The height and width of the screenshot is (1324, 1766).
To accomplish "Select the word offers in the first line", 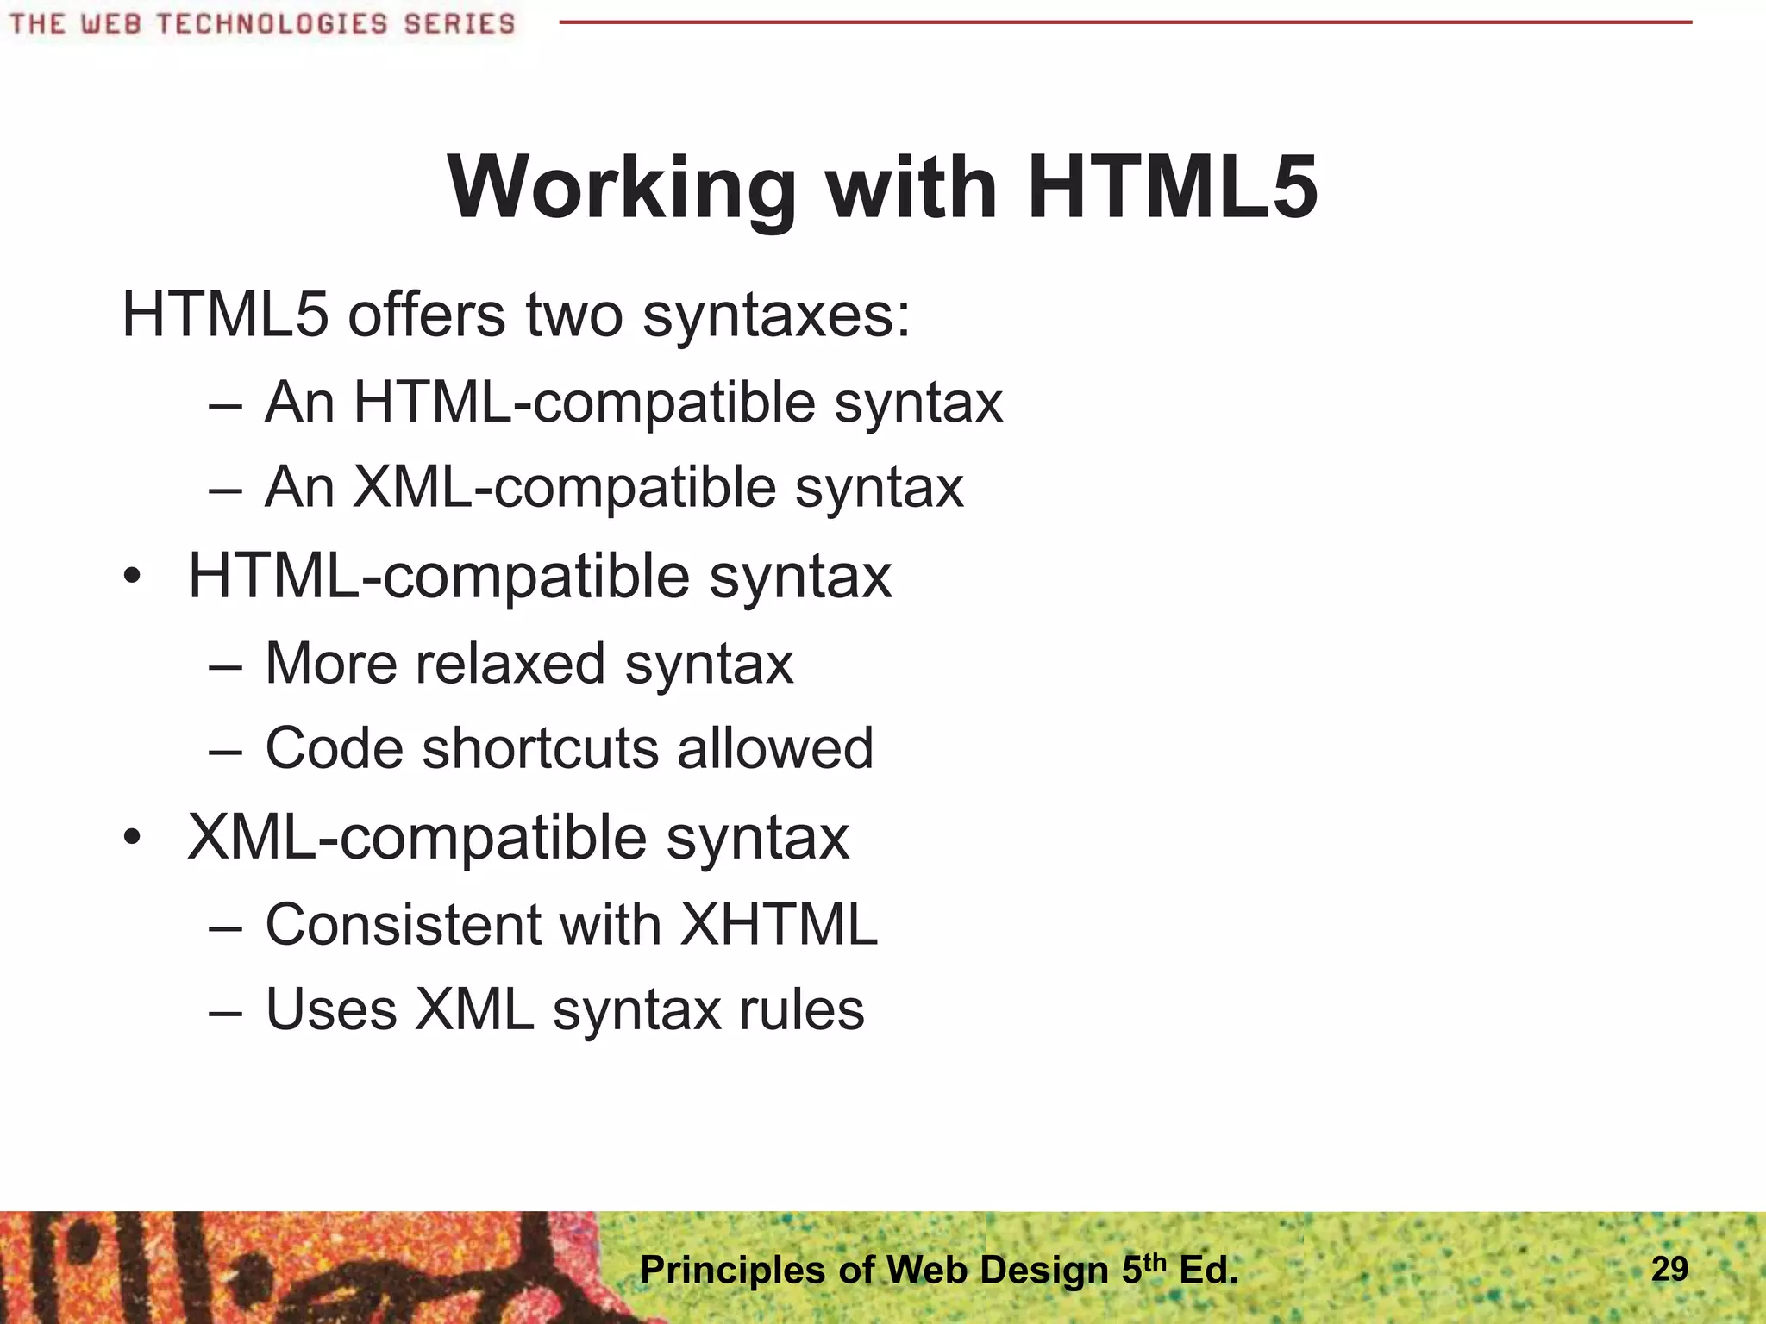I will tap(426, 315).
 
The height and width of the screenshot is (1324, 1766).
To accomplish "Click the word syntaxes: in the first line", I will tap(776, 316).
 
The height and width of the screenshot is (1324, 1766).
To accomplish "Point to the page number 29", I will tap(1669, 1269).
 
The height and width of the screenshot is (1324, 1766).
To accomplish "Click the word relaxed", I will tap(510, 664).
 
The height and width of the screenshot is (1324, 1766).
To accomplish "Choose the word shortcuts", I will tap(541, 747).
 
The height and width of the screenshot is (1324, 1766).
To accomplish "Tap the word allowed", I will tap(775, 747).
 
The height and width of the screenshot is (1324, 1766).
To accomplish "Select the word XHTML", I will tap(779, 925).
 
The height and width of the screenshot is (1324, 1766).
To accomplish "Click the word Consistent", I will tap(402, 925).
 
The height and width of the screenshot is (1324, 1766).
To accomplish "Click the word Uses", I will tap(331, 1009).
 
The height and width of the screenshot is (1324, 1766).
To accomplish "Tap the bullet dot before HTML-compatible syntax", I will tap(131, 577).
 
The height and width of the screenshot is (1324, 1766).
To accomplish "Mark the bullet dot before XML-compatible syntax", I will tap(131, 838).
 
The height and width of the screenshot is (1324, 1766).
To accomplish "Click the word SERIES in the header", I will tap(459, 23).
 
